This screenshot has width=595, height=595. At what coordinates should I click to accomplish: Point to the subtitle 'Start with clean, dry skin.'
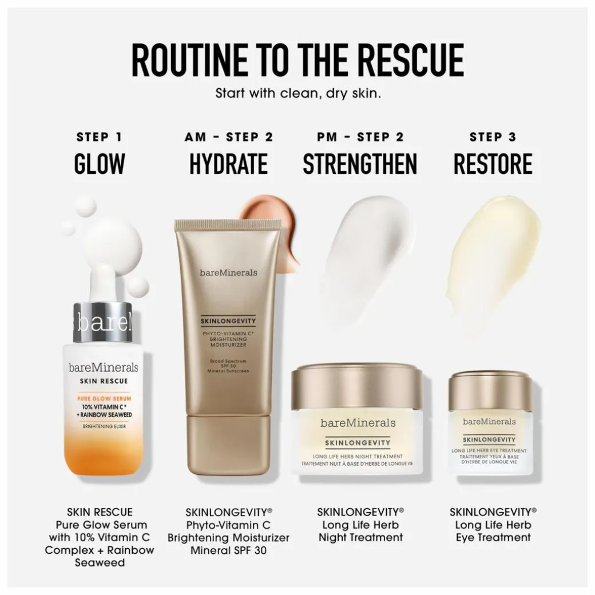coord(298,93)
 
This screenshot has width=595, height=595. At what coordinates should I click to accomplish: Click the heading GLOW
coord(100,164)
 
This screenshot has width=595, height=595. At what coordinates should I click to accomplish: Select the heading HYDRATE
coord(228,164)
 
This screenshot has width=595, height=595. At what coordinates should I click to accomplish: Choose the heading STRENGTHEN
coord(360,164)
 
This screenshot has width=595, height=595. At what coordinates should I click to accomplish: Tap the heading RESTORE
coord(493,164)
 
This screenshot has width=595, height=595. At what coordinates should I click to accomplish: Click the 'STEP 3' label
coord(493,137)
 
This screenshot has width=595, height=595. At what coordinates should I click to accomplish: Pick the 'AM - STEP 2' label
coord(229,137)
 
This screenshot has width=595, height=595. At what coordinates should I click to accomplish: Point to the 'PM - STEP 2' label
coord(360,137)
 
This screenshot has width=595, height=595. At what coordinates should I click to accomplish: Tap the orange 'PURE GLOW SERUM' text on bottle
coord(104,398)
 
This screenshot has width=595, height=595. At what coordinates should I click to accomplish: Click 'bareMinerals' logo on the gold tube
coord(228,272)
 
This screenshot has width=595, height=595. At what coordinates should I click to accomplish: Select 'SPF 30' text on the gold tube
coord(228,366)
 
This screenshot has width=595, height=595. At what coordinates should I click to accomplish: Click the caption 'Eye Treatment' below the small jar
coord(493,538)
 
